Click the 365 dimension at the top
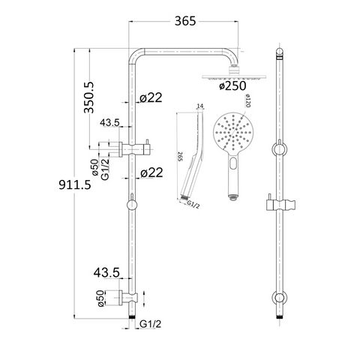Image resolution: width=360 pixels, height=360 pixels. click(185, 21)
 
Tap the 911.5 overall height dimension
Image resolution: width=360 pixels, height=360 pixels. click(75, 184)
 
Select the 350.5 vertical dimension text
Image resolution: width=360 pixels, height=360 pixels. click(88, 97)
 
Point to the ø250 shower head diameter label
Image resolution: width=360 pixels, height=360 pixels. click(232, 85)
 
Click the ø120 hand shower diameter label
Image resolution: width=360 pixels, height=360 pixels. click(247, 100)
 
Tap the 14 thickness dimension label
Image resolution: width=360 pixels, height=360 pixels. click(200, 106)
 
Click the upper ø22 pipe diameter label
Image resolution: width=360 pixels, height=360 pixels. click(151, 97)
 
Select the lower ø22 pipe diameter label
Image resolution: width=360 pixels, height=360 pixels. click(151, 172)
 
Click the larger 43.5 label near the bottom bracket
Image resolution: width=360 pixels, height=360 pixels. click(106, 272)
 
